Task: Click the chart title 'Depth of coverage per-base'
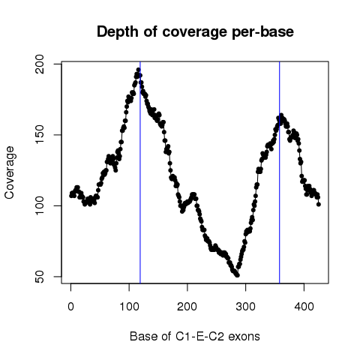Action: [x=195, y=31]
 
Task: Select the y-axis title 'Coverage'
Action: [x=10, y=172]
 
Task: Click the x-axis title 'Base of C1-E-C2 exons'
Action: [x=195, y=337]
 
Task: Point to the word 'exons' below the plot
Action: [x=244, y=337]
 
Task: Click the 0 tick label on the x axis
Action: [x=70, y=306]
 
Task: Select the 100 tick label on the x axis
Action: [x=129, y=306]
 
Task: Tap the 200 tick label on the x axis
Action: [x=187, y=306]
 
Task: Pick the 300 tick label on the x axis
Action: [x=245, y=306]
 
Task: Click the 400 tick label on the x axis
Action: [x=304, y=306]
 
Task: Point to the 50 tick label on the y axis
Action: [x=40, y=277]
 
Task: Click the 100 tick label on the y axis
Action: [x=40, y=205]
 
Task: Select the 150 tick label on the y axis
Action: [x=40, y=135]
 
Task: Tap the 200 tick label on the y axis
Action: [x=40, y=64]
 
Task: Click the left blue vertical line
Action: [x=140, y=172]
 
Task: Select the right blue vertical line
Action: [x=280, y=172]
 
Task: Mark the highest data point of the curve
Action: [x=138, y=70]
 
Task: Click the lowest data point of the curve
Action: [x=238, y=275]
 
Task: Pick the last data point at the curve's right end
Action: [x=319, y=204]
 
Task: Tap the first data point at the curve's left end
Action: [x=71, y=196]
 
